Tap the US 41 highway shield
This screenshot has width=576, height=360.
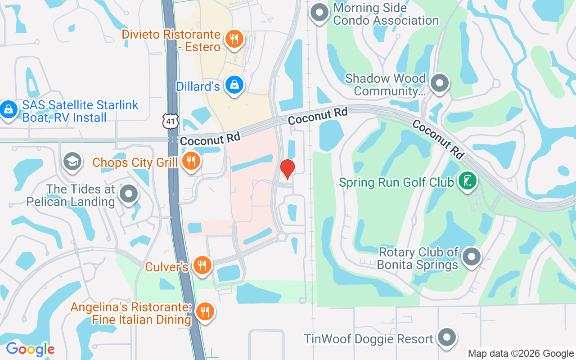171,121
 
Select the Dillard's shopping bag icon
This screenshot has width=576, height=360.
234,85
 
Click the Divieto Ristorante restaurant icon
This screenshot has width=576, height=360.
234,39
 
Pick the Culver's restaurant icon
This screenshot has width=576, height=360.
202,265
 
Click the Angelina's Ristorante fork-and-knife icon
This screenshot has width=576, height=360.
205,311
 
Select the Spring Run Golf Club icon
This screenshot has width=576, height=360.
468,181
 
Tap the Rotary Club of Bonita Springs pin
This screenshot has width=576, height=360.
472,257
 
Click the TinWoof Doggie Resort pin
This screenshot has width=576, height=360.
447,337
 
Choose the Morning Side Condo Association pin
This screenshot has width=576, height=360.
320,12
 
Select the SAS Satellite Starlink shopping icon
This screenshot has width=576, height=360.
8,109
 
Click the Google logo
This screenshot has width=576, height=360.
30,349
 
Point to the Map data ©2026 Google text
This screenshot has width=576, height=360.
521,354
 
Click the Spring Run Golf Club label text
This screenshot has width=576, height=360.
396,183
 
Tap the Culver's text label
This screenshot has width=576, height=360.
166,267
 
